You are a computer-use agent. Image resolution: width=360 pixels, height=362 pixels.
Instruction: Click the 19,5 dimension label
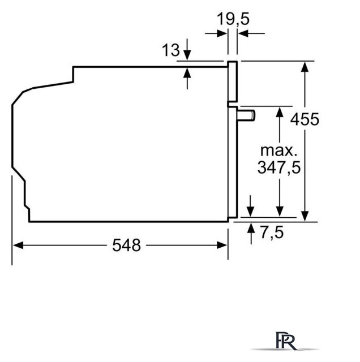click(233, 19)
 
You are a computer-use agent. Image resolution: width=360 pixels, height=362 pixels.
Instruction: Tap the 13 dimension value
click(171, 50)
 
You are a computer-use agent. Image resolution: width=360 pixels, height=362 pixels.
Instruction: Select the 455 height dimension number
click(305, 119)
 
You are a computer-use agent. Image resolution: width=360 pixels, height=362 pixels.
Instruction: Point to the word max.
click(278, 150)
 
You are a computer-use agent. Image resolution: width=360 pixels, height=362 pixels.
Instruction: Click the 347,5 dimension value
click(279, 167)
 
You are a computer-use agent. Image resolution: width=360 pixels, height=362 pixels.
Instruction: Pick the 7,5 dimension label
click(272, 232)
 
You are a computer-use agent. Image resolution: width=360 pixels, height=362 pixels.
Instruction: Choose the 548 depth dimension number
click(126, 245)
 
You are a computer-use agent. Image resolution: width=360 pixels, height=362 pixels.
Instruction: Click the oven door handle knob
click(246, 115)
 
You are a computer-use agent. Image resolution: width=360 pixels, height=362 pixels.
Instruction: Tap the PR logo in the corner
click(286, 341)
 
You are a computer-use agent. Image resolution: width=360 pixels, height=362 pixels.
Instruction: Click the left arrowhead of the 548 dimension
click(18, 245)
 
